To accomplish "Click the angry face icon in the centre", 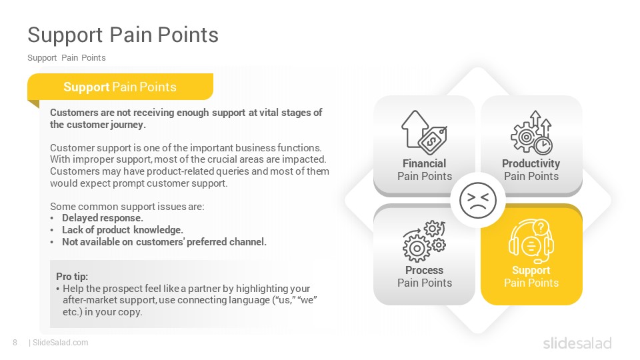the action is click(x=478, y=201).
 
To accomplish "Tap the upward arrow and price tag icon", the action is click(x=424, y=132).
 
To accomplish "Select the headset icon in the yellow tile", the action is click(x=531, y=241).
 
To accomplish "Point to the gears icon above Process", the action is click(x=424, y=241).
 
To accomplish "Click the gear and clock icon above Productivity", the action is click(x=531, y=132).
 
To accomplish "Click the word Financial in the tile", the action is click(x=425, y=164).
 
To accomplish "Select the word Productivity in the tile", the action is click(x=531, y=164).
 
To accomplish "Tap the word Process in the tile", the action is click(x=425, y=270).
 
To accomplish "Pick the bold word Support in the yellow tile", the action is click(x=531, y=271).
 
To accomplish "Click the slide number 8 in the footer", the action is click(x=15, y=343).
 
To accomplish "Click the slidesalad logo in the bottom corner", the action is click(x=577, y=343).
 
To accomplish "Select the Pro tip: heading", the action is click(x=72, y=276).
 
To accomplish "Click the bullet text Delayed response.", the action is click(x=103, y=218).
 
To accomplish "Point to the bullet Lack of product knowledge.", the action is click(x=123, y=230).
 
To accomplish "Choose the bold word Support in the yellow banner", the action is click(x=86, y=87).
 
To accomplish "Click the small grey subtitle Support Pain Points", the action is click(x=67, y=58).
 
